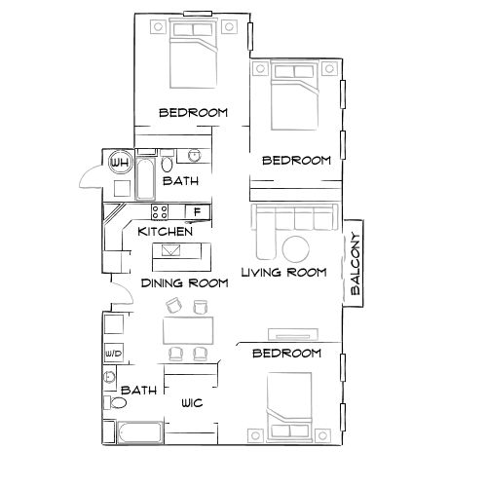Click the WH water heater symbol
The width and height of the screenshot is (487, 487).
click(x=121, y=162)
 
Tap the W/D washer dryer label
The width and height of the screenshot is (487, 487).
click(x=112, y=354)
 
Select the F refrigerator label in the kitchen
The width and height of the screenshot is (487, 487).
click(x=198, y=211)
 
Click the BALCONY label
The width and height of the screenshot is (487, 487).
click(x=356, y=264)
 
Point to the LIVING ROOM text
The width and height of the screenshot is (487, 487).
click(x=282, y=273)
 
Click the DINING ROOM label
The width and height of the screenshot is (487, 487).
click(x=184, y=283)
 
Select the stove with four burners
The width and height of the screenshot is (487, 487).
click(x=160, y=211)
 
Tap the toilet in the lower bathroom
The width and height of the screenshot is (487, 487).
click(x=119, y=401)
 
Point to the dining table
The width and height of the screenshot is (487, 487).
click(x=188, y=327)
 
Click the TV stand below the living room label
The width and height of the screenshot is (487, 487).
click(x=287, y=334)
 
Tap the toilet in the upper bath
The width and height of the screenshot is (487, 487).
click(x=168, y=162)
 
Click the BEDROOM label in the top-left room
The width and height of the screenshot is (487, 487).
click(x=193, y=113)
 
